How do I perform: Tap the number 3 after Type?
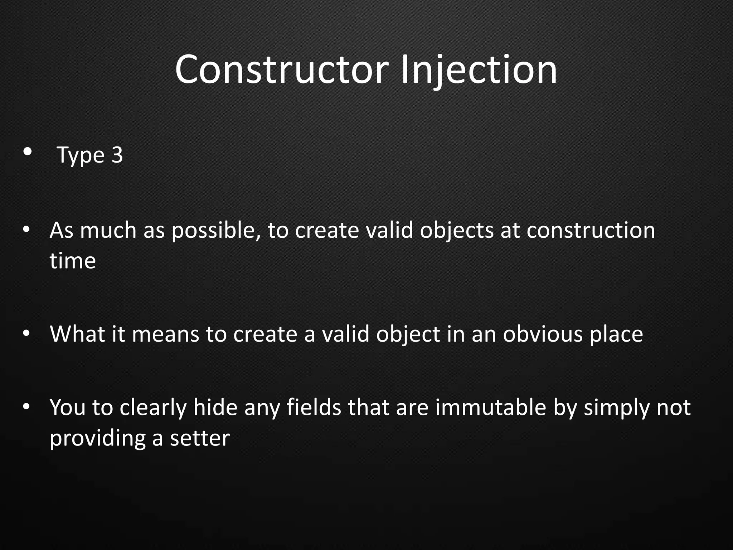117,155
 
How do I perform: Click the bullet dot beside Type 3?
27,152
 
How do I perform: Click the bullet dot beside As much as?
26,229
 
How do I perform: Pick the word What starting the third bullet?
77,334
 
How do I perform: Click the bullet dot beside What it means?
26,333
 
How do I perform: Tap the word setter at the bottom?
199,438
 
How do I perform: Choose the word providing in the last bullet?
98,439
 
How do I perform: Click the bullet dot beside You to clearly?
26,407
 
